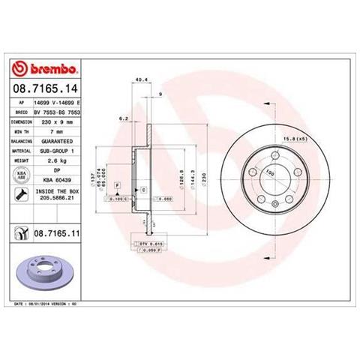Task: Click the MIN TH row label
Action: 21,130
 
